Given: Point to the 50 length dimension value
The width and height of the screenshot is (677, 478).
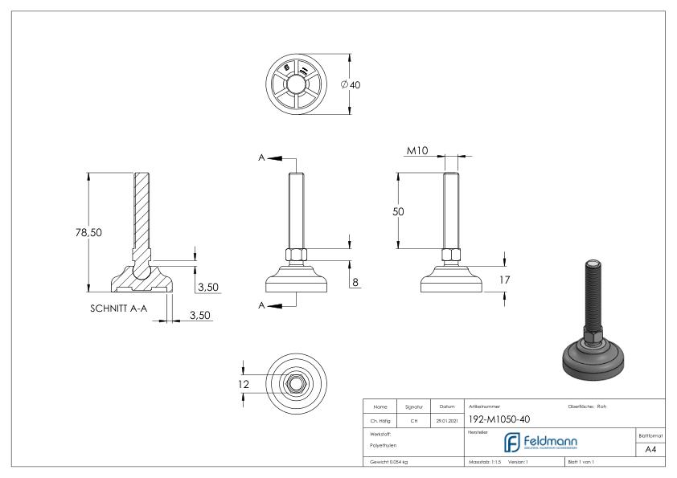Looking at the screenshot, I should tap(397, 210).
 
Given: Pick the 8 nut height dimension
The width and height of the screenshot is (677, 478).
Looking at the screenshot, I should tap(355, 282).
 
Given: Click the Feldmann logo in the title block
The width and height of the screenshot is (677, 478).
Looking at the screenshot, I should tap(539, 442).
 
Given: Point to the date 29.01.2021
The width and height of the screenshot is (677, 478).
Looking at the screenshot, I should tap(447, 419).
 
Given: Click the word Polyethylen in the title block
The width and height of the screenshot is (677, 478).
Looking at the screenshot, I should tap(382, 445).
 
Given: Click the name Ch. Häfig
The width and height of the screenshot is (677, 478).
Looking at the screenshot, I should tap(381, 419).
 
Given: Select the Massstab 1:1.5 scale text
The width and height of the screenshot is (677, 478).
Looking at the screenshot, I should tap(486, 463).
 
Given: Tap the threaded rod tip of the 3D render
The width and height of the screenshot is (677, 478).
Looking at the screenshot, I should tap(591, 264).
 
